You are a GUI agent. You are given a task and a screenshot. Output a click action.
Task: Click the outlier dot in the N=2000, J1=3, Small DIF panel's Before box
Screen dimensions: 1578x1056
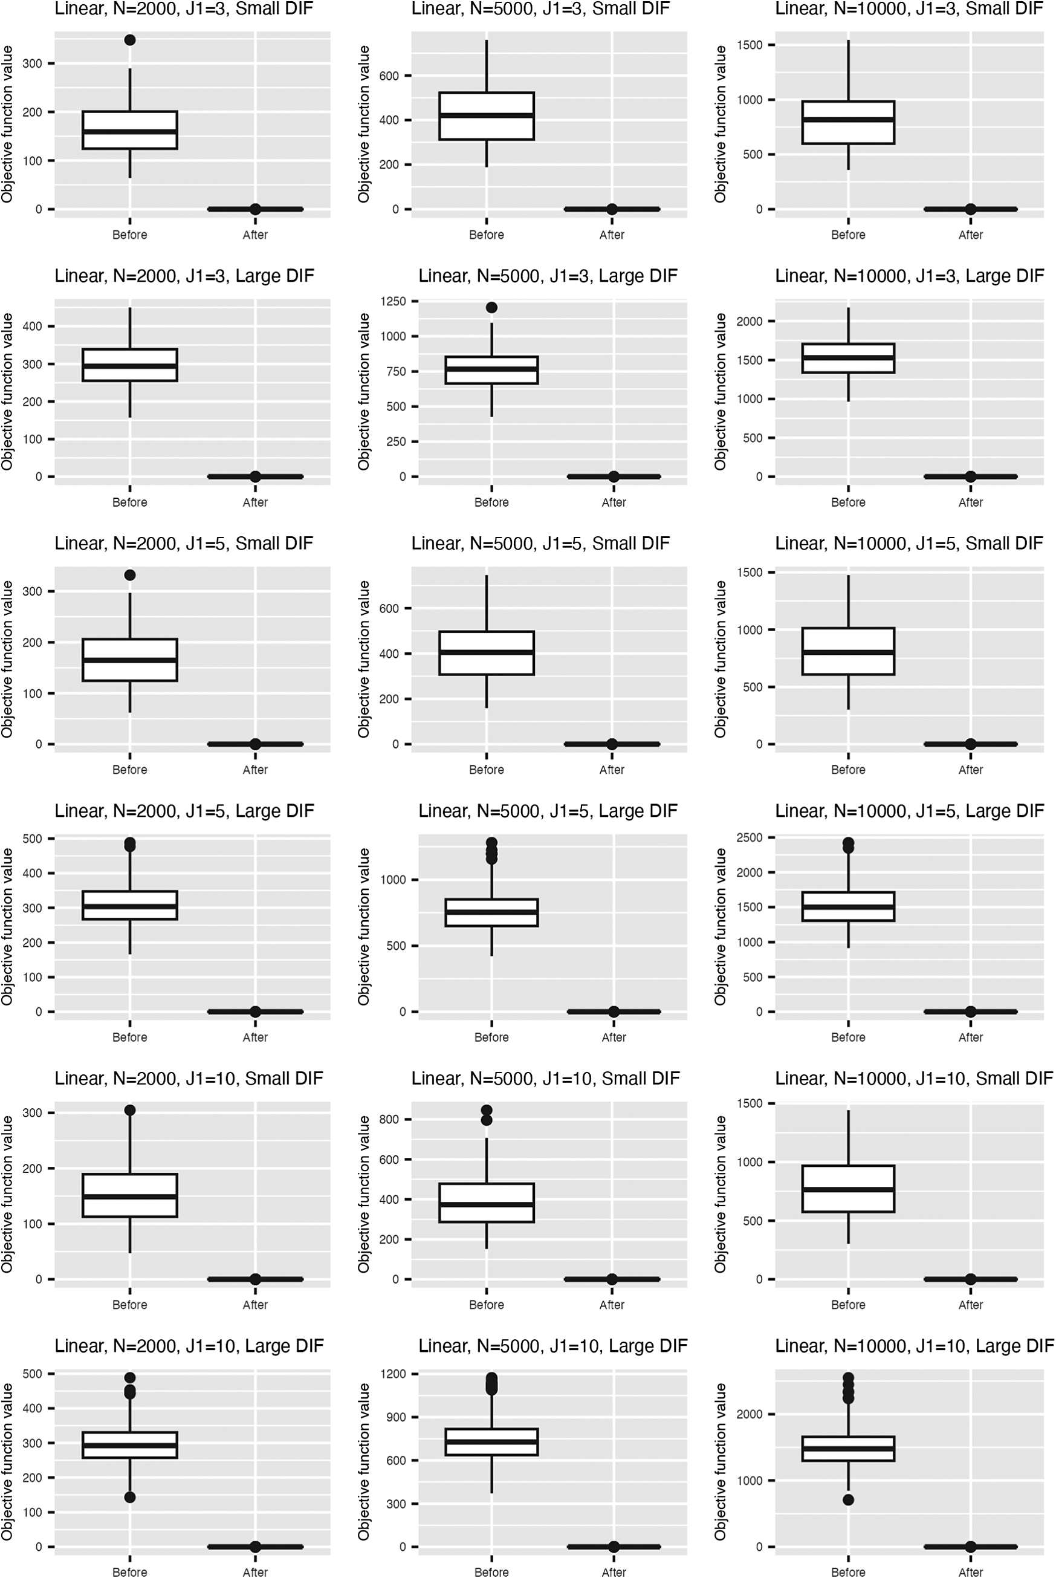pos(130,41)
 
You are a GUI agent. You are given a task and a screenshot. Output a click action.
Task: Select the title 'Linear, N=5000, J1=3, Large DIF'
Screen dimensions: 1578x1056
pos(548,276)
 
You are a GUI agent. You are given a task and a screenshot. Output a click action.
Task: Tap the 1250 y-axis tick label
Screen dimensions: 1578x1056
pos(393,302)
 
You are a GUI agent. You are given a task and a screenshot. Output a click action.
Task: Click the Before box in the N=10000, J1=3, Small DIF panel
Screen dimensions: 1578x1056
pos(848,123)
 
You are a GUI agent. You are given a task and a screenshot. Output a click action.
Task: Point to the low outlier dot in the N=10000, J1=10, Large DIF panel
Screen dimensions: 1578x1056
pos(848,1500)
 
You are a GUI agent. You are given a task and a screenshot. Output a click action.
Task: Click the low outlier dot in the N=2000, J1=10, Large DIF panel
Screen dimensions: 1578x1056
pos(130,1497)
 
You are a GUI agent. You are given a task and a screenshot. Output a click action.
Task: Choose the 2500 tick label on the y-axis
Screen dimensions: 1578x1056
pos(750,838)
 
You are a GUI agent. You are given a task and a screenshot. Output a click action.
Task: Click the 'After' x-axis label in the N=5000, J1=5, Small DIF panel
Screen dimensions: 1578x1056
pos(612,770)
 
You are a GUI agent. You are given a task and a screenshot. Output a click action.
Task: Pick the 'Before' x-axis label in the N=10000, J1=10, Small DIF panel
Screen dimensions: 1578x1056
pos(848,1305)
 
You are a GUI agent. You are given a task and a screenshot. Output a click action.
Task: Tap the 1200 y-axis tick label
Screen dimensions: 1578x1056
pos(393,1374)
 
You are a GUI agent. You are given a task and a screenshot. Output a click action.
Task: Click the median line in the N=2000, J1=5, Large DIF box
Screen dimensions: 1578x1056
pos(130,906)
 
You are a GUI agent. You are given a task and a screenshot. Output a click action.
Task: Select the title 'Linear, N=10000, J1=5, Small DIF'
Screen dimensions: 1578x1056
pos(909,544)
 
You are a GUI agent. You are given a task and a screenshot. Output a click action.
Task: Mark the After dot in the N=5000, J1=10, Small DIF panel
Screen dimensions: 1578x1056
pos(612,1279)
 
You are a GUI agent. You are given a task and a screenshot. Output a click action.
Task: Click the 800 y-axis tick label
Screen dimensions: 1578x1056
pos(389,1119)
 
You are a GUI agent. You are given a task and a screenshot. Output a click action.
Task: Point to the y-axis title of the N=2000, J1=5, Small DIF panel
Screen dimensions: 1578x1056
pos(7,660)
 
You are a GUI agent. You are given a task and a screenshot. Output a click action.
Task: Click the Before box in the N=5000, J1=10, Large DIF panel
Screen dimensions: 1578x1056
pos(491,1442)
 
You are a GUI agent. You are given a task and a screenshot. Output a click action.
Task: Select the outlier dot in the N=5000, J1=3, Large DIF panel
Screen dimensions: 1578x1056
pos(491,308)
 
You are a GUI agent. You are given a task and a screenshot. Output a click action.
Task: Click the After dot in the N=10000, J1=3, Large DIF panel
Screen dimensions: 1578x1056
pos(971,477)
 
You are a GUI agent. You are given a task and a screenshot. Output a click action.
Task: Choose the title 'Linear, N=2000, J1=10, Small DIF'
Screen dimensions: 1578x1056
pos(189,1078)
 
